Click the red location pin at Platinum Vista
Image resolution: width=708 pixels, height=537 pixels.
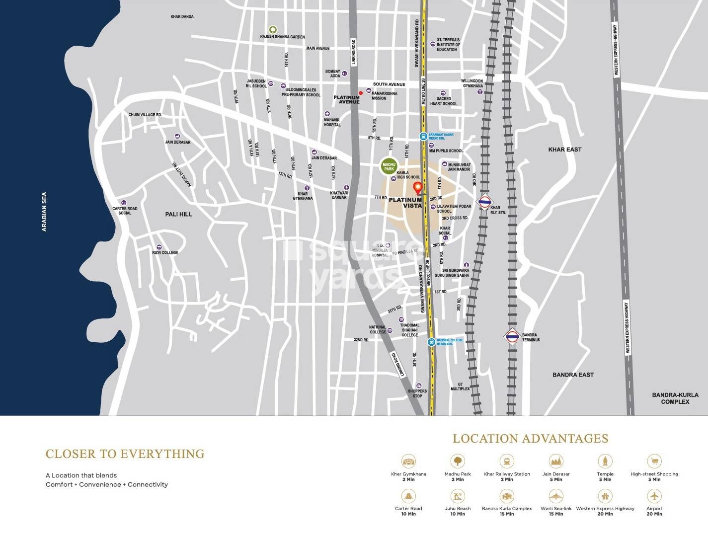pos(418,188)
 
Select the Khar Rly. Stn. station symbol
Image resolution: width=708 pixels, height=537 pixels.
pos(484,202)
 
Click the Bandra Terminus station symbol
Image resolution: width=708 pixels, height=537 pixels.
pos(512,337)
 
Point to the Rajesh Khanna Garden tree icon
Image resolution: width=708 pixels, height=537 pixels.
pos(272,29)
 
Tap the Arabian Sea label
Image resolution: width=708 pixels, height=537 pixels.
pos(45,212)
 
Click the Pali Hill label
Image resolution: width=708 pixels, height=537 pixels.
pos(178,214)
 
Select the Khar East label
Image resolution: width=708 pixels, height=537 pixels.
pos(564,150)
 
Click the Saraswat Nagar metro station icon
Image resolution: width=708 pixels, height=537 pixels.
pos(423,136)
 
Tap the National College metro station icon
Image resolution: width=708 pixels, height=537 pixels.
pos(431,342)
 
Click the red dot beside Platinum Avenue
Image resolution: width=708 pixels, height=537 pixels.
pos(361,93)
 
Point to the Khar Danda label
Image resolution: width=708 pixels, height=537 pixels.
pos(182,17)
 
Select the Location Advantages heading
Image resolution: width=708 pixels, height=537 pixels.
pos(530,439)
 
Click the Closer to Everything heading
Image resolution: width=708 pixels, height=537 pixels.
pos(125,454)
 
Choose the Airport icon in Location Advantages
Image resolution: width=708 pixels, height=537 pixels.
pos(654,496)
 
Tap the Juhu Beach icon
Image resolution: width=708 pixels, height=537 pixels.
pos(457,496)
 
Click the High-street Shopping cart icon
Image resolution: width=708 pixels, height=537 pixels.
pos(654,461)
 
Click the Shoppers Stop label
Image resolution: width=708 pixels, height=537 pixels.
pos(417,393)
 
